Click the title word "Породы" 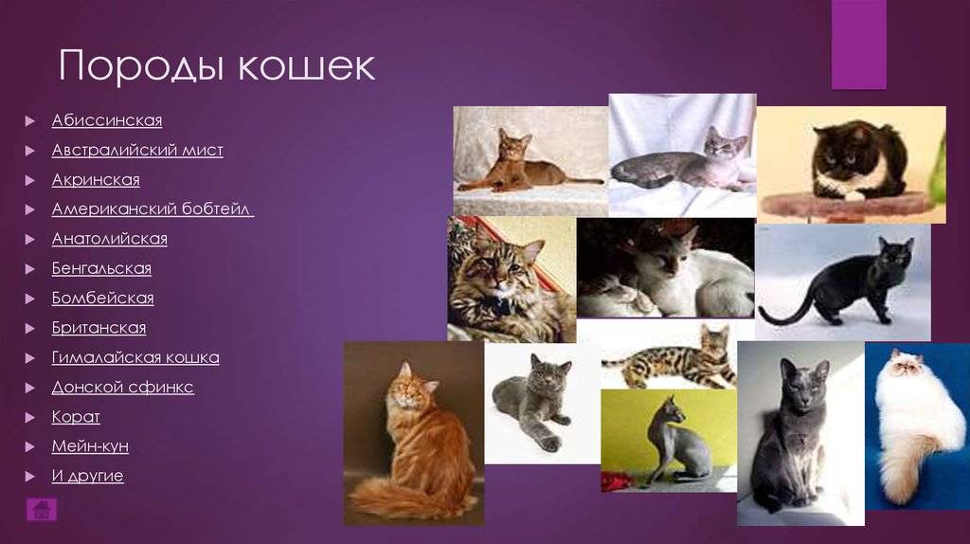pyautogui.click(x=140, y=65)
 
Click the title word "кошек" pyautogui.click(x=306, y=65)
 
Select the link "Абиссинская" pyautogui.click(x=107, y=120)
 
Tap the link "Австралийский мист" pyautogui.click(x=137, y=150)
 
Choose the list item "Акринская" pyautogui.click(x=96, y=179)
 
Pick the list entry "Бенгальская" pyautogui.click(x=101, y=268)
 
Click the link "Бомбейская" pyautogui.click(x=102, y=299)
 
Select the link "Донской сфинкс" pyautogui.click(x=122, y=388)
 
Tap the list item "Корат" pyautogui.click(x=76, y=417)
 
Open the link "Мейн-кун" pyautogui.click(x=90, y=446)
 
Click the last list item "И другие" pyautogui.click(x=88, y=476)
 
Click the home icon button pyautogui.click(x=42, y=509)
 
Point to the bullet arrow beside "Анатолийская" pyautogui.click(x=29, y=239)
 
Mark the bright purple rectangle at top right pyautogui.click(x=858, y=45)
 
